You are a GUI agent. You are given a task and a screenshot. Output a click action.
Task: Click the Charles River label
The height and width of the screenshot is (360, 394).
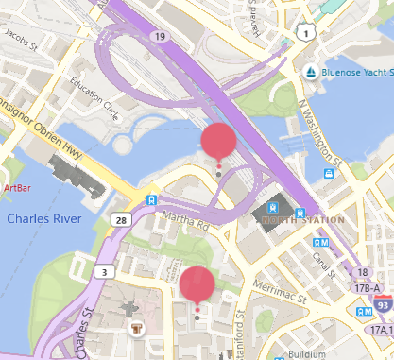tap(43, 218)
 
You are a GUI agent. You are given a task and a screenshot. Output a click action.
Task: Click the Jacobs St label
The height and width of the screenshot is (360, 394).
tap(21, 38)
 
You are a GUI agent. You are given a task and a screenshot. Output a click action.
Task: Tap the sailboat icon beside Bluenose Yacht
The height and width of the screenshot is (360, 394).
tap(309, 73)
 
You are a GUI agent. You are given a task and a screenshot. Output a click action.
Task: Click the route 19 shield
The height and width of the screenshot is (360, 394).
tap(162, 36)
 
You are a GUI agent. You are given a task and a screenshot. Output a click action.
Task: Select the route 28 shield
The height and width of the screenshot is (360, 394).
tap(121, 219)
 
